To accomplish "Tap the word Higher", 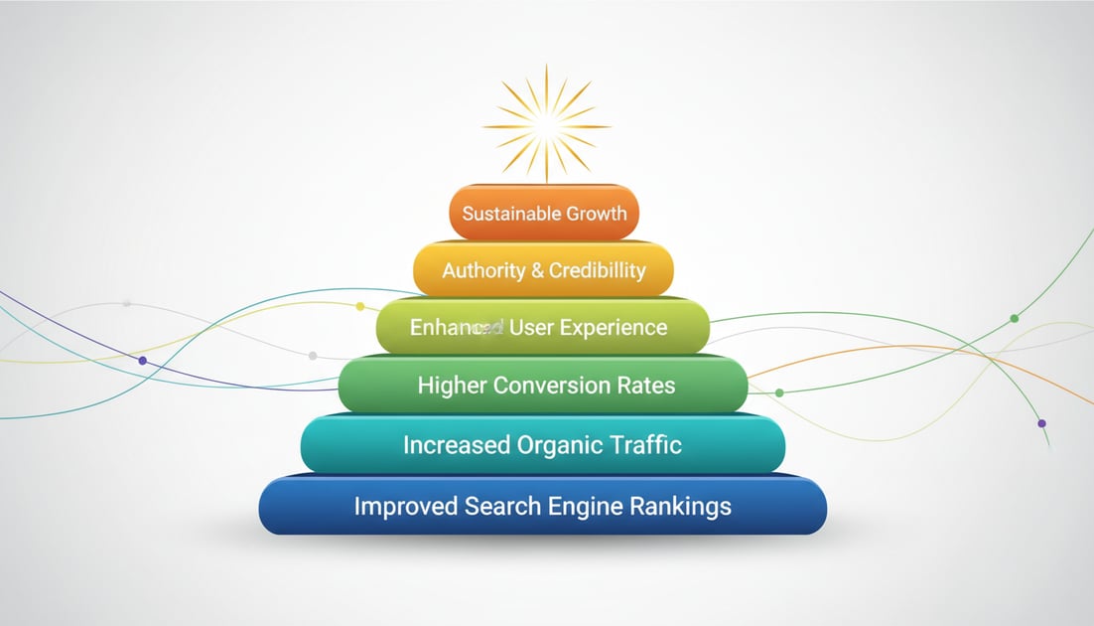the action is pyautogui.click(x=451, y=386).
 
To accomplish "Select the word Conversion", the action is pyautogui.click(x=553, y=386).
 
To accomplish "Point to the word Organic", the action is pyautogui.click(x=559, y=445).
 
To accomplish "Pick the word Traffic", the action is pyautogui.click(x=644, y=444).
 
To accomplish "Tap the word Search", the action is pyautogui.click(x=500, y=506).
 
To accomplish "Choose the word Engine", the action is pyautogui.click(x=584, y=507).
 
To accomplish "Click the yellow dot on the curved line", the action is pyautogui.click(x=360, y=306).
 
